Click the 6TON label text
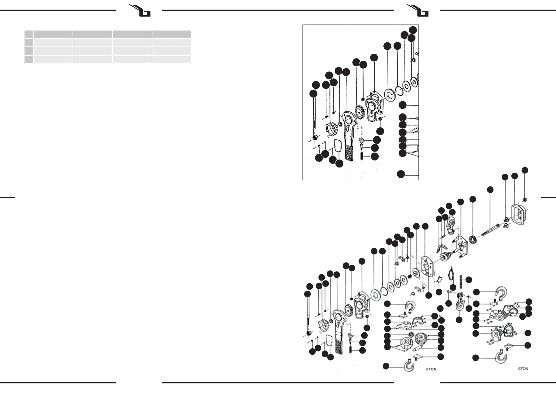click(431, 369)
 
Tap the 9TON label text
click(523, 368)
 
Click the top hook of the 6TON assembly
click(410, 306)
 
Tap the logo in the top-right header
click(420, 11)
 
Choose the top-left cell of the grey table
click(29, 34)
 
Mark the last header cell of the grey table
click(172, 34)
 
